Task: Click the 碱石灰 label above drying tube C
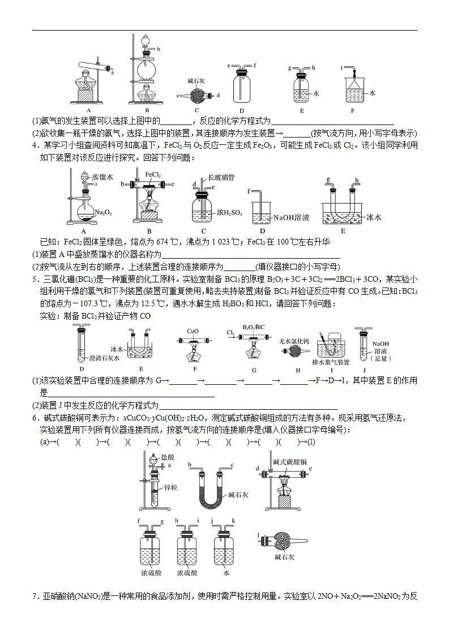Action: (196, 81)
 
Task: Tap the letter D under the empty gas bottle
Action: (241, 111)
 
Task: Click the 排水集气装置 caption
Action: (331, 362)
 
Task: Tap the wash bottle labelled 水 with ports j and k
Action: (225, 546)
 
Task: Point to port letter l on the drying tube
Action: (258, 535)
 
